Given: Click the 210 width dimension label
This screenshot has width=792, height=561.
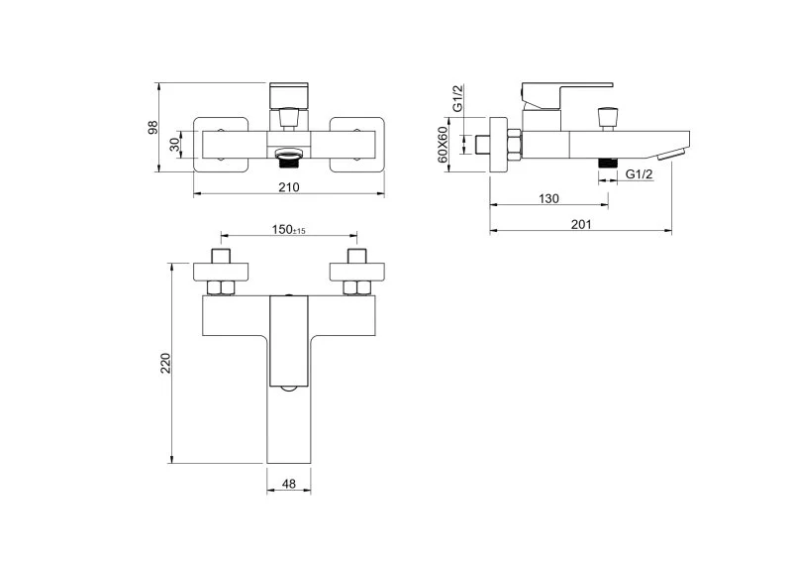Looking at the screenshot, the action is coord(289,187).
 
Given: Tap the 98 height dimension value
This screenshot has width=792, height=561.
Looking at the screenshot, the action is coord(152,127).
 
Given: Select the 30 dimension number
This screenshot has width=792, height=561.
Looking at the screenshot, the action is coord(174,145).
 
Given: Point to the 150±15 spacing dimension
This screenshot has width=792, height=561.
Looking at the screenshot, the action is coord(288,230).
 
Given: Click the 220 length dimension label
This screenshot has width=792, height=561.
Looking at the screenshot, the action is coord(165,363).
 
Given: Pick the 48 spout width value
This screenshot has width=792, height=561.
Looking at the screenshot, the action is coord(289,484).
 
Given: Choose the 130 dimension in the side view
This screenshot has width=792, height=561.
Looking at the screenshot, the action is coord(548,198).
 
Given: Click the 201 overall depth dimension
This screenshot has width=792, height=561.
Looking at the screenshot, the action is coord(581,224).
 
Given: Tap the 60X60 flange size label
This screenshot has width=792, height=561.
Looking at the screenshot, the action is coord(443,145).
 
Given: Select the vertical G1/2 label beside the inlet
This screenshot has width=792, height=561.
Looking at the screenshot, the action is coord(457,98).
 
